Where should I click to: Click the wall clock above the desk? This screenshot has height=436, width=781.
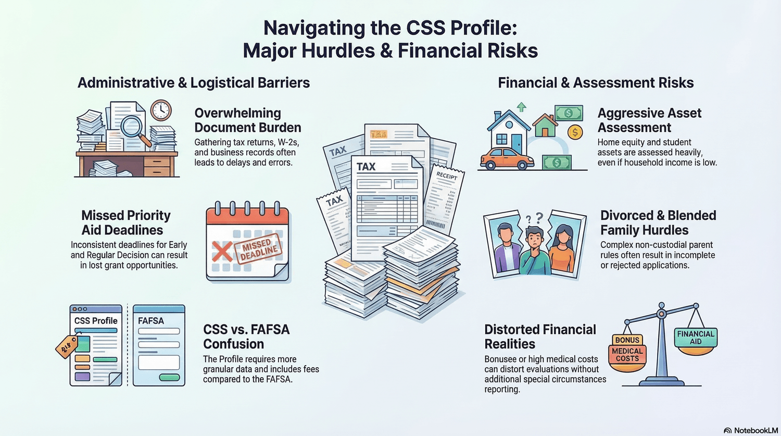pyautogui.click(x=161, y=110)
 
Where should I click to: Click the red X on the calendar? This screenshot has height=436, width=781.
pyautogui.click(x=222, y=251)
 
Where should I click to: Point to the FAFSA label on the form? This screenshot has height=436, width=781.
pyautogui.click(x=151, y=321)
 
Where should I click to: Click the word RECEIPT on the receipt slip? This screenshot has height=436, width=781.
pyautogui.click(x=447, y=176)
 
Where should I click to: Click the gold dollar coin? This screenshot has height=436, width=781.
pyautogui.click(x=575, y=132)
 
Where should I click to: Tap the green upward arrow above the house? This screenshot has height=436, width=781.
pyautogui.click(x=521, y=107)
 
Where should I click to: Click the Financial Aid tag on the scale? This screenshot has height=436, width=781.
pyautogui.click(x=696, y=338)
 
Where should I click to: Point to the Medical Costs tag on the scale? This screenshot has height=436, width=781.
pyautogui.click(x=627, y=355)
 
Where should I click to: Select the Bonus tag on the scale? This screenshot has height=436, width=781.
pyautogui.click(x=627, y=340)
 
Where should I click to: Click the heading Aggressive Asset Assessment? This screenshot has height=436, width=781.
pyautogui.click(x=649, y=120)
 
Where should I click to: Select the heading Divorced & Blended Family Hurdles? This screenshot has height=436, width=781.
pyautogui.click(x=658, y=223)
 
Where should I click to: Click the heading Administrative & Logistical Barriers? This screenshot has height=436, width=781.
pyautogui.click(x=194, y=83)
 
